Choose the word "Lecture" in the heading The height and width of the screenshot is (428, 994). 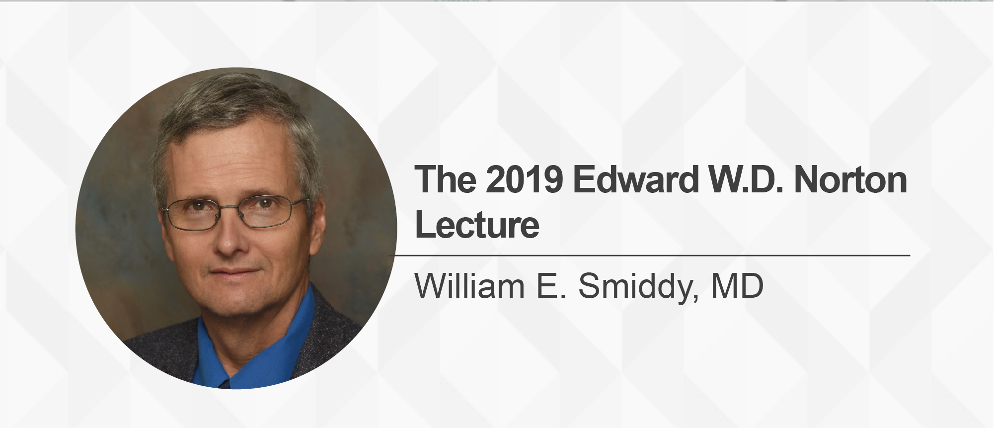coord(477,225)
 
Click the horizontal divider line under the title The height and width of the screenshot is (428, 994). coord(650,256)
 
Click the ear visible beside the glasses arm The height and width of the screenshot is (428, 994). coord(316,224)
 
